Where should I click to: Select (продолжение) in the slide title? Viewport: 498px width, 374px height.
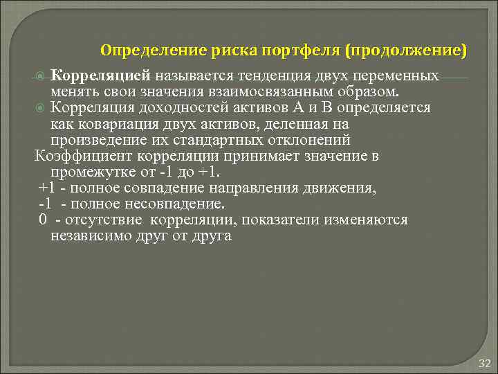[x=407, y=51]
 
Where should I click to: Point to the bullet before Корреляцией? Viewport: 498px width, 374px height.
[x=41, y=75]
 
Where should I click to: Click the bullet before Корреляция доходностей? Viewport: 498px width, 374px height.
[x=41, y=109]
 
